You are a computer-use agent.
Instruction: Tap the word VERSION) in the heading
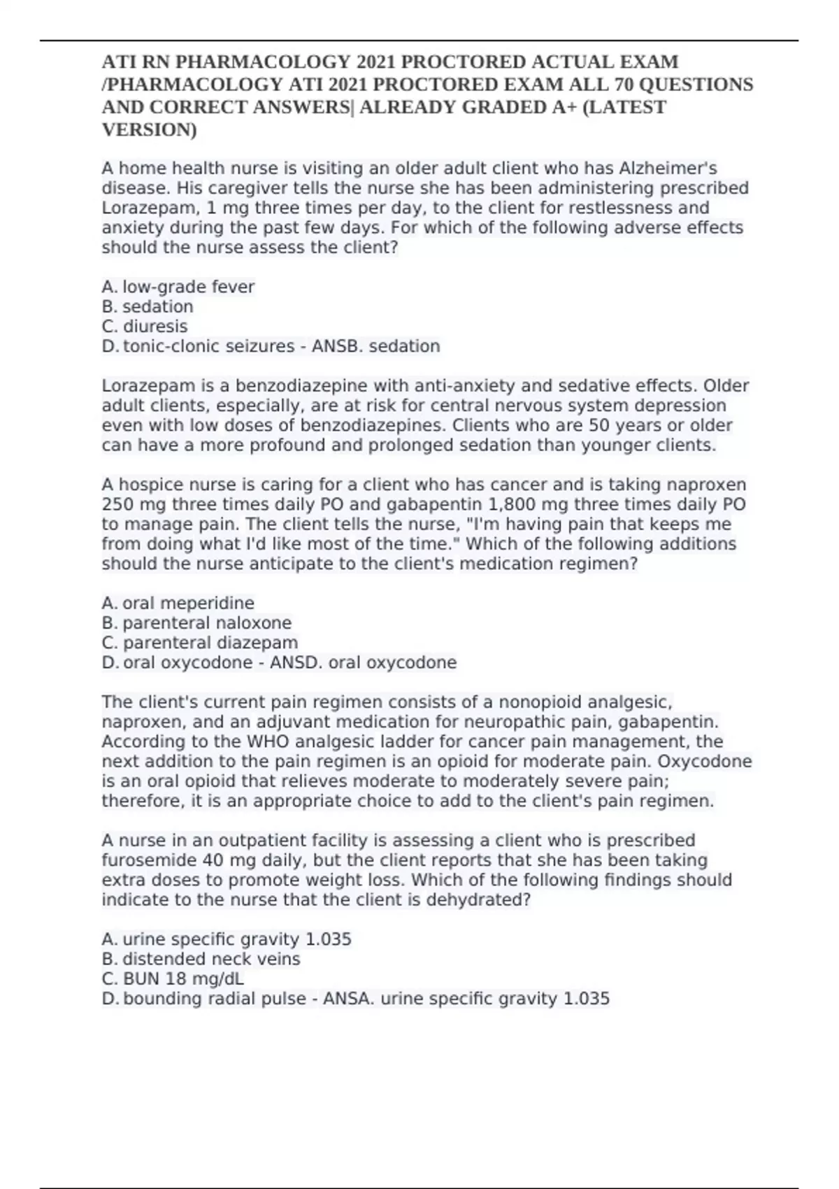149,130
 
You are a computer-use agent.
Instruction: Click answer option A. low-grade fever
178,287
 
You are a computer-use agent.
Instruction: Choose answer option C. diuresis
145,327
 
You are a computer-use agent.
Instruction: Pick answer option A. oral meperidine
178,603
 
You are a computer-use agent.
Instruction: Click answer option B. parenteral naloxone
196,622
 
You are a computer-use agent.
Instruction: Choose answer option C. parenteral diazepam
200,643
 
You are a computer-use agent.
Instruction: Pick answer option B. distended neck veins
201,959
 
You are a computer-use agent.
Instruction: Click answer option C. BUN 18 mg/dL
173,978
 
